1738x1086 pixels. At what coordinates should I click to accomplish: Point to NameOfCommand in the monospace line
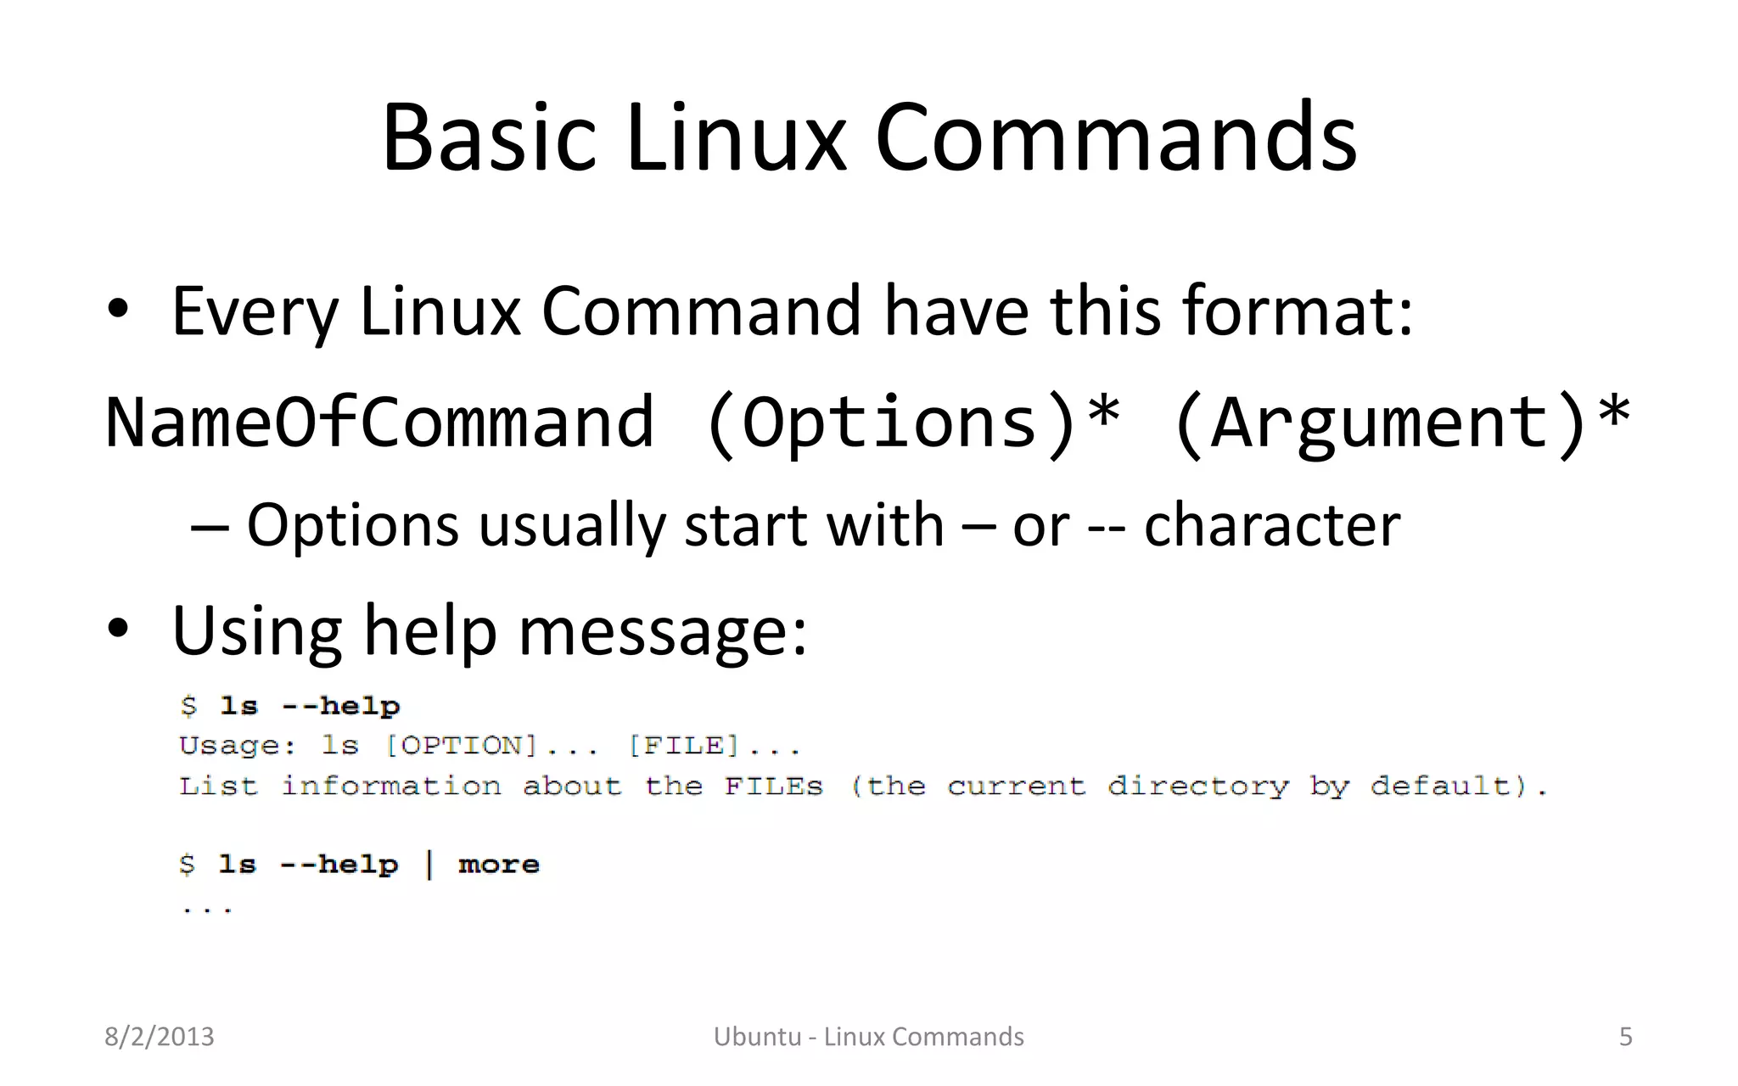(x=379, y=422)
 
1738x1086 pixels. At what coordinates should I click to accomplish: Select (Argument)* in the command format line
(x=1400, y=422)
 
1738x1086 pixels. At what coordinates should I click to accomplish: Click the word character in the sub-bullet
(x=1272, y=525)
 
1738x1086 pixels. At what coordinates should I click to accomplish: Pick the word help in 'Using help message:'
(x=429, y=632)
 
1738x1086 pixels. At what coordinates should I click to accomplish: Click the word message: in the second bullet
(x=662, y=632)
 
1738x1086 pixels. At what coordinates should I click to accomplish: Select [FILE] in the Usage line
(x=683, y=746)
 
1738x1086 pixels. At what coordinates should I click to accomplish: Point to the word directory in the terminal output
(x=1197, y=787)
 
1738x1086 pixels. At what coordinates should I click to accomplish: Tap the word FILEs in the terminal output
(x=773, y=787)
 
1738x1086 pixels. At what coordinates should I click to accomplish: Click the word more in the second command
(x=499, y=865)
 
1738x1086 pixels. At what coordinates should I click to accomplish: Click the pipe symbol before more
(x=429, y=865)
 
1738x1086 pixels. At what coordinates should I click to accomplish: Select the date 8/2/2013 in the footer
(x=160, y=1037)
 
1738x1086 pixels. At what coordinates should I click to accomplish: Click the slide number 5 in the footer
(x=1625, y=1037)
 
